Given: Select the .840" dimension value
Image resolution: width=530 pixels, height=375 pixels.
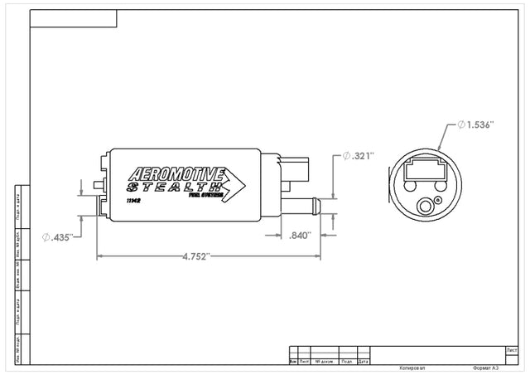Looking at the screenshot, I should click(300, 236).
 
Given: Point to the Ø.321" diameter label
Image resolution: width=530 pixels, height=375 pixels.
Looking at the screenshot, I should click(359, 156).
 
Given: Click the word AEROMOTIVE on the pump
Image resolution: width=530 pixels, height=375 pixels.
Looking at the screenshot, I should click(176, 176).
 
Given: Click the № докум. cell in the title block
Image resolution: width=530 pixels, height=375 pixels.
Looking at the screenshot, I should click(323, 362).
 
